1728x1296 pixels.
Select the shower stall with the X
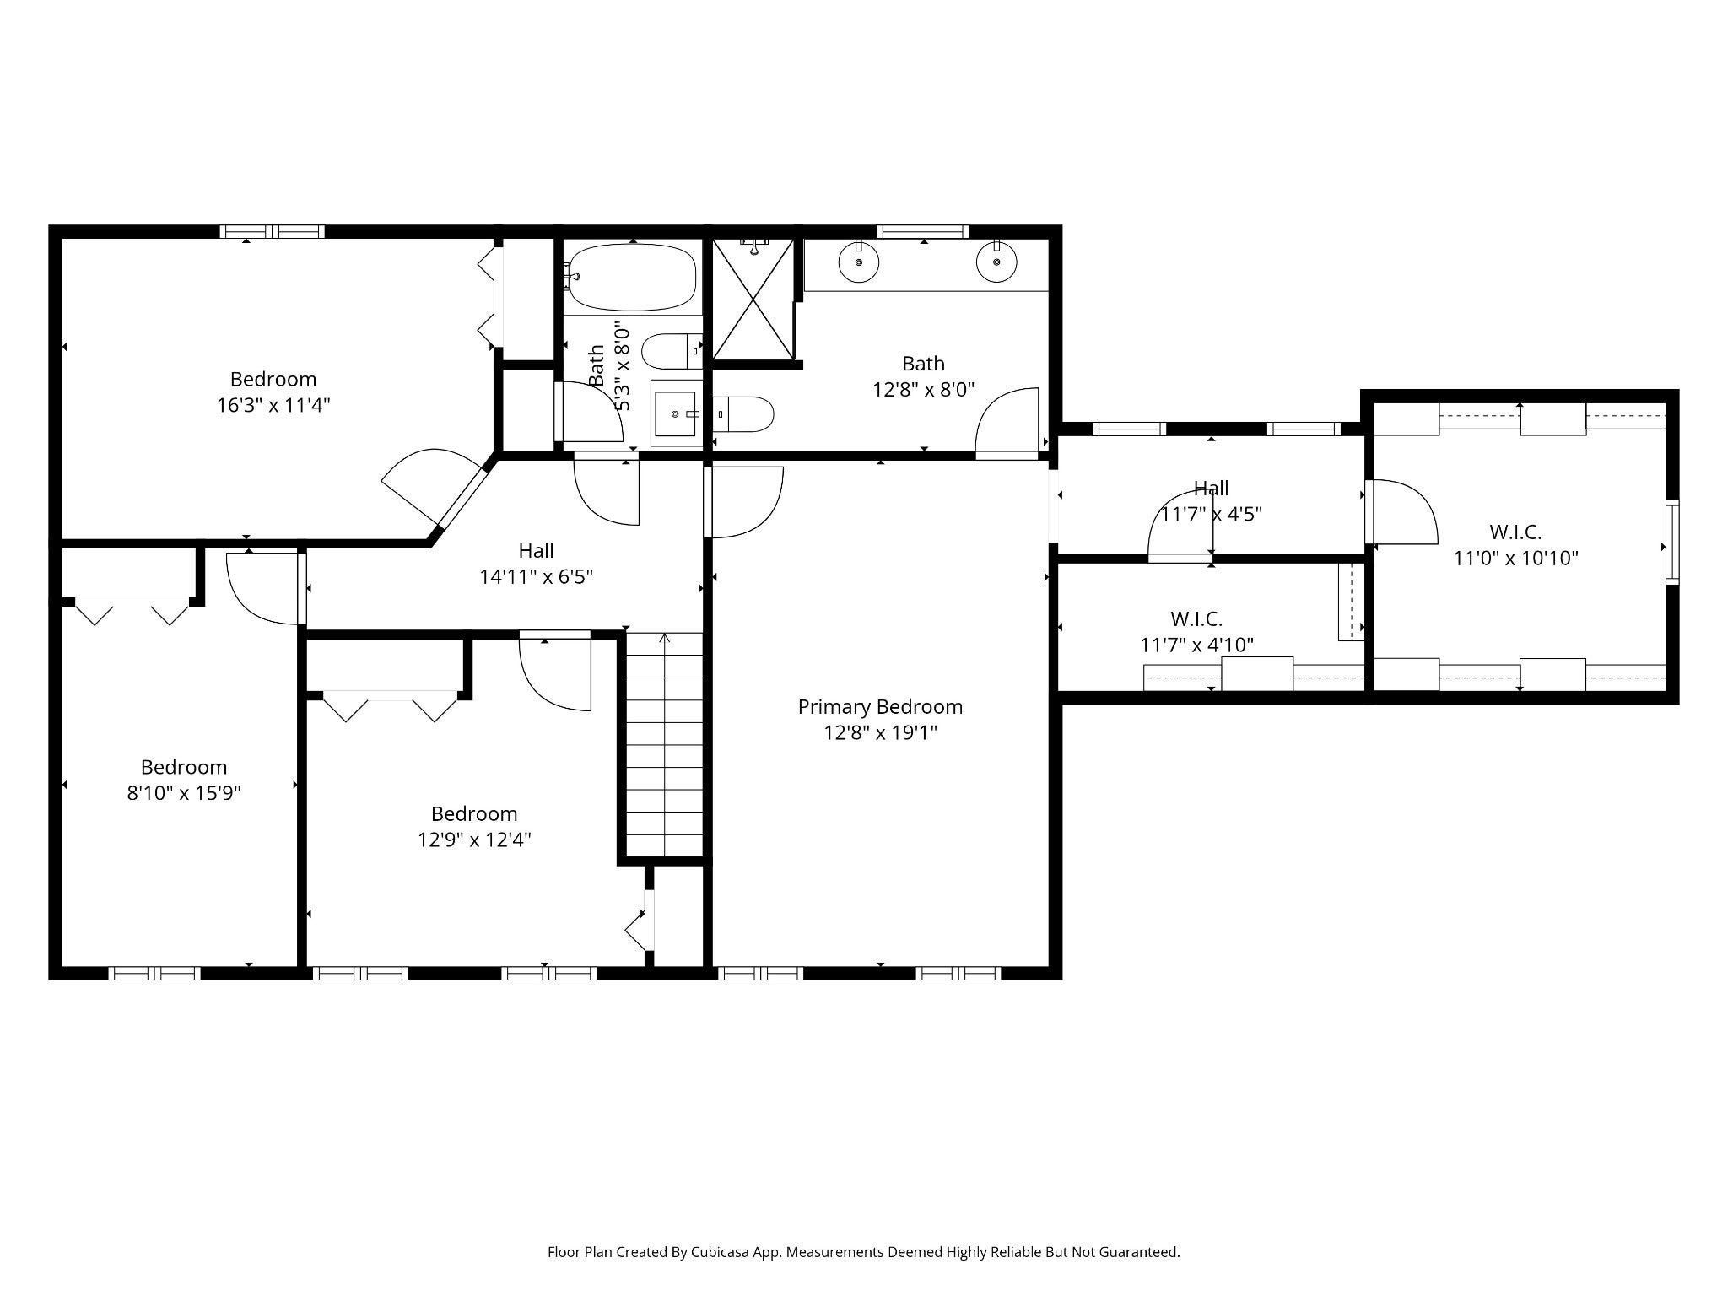753,299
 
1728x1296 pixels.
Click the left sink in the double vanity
859,262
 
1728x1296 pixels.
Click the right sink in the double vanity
996,262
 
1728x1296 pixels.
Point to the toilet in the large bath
743,414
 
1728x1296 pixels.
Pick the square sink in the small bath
676,413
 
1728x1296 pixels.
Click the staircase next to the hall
664,744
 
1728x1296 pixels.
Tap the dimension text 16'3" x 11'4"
273,405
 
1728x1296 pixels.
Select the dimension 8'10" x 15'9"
184,793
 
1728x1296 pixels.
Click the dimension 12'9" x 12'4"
474,840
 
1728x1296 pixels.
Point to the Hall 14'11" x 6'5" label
537,564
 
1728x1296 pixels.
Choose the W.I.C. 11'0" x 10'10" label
1515,545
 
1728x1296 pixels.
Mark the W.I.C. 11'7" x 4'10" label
1196,632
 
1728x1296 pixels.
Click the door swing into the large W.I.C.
1402,511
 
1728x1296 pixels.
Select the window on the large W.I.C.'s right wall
1671,541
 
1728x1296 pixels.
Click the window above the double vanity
922,231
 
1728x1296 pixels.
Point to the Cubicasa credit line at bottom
863,1252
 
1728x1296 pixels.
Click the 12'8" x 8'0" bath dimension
923,389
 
